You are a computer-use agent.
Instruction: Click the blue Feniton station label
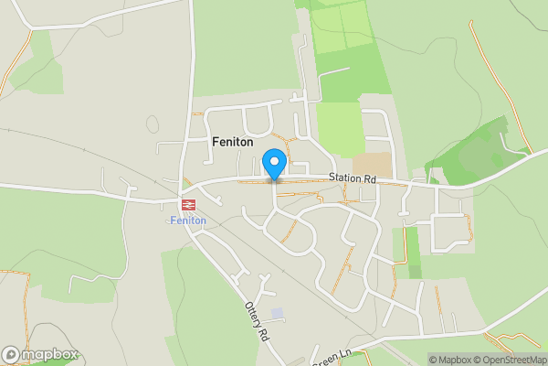point(188,221)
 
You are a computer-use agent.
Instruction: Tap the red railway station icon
point(189,205)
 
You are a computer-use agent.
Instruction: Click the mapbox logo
point(38,354)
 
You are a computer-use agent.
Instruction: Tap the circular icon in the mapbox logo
point(11,354)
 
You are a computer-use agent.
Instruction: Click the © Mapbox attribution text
point(449,359)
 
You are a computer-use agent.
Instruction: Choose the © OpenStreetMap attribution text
point(508,359)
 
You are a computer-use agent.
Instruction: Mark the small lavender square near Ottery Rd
point(278,313)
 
